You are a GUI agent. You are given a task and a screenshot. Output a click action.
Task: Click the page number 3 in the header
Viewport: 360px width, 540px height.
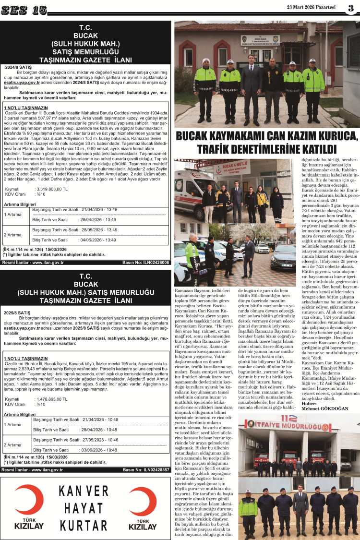click(x=351, y=8)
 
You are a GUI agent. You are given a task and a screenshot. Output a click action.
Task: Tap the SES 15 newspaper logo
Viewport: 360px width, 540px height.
click(x=24, y=10)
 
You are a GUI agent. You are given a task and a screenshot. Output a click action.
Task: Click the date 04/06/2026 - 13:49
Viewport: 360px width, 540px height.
click(x=98, y=240)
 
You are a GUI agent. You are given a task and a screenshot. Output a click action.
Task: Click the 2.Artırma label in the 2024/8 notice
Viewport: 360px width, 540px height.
click(x=12, y=235)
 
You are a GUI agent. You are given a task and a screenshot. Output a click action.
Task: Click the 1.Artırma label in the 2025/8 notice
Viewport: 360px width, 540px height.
click(x=12, y=424)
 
